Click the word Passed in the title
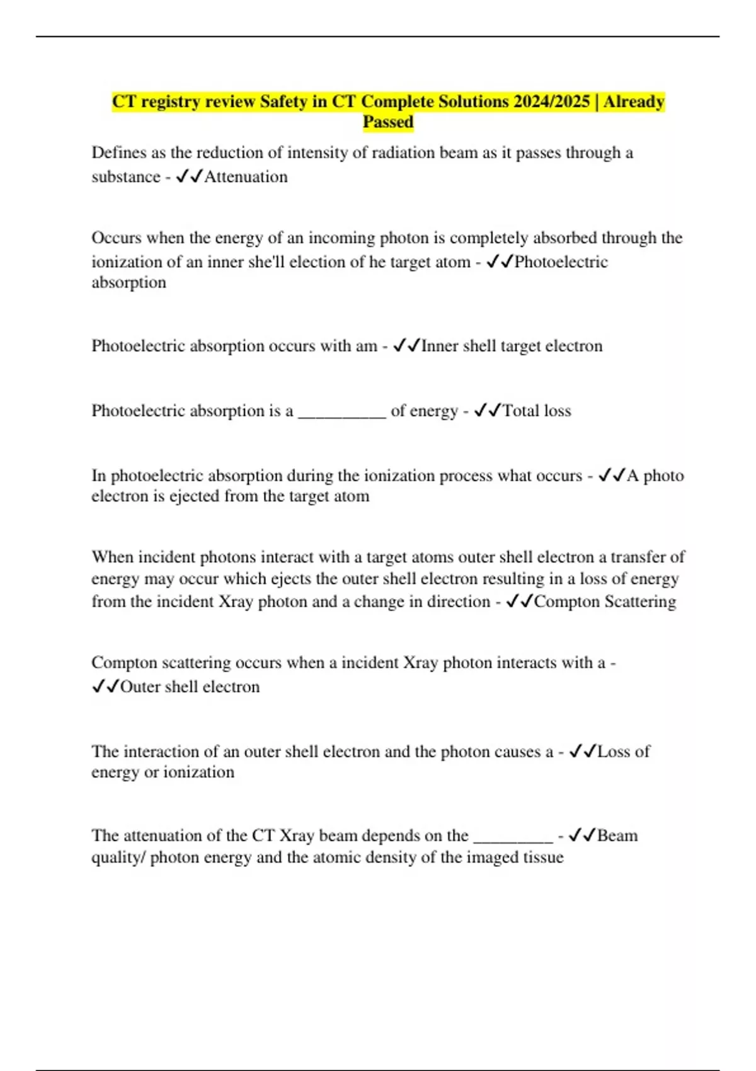[388, 122]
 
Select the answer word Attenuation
[246, 177]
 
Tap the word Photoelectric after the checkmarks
[561, 262]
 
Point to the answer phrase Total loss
[536, 411]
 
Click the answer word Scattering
[640, 602]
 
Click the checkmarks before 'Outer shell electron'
[105, 687]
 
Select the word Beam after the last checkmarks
[617, 836]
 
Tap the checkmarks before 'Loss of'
[582, 752]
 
